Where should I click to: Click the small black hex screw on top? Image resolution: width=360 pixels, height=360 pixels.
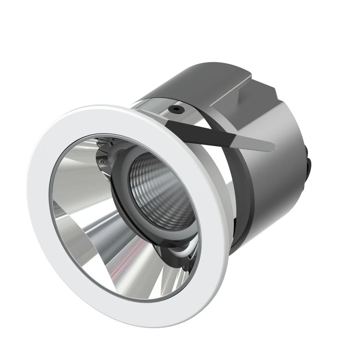pos(175,109)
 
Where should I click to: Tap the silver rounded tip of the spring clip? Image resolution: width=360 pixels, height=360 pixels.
pos(268,146)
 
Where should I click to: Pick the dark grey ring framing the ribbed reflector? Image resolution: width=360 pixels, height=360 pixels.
pos(124,198)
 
